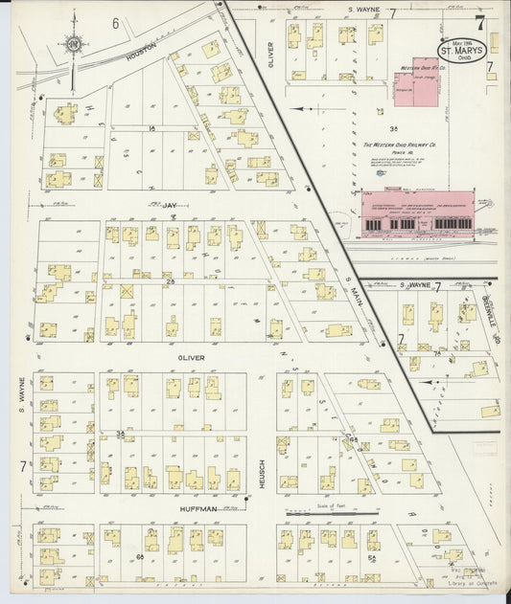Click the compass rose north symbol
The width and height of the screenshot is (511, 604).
[72, 43]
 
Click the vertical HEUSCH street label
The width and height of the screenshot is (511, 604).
[261, 475]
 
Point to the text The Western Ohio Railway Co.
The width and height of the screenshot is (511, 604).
[399, 145]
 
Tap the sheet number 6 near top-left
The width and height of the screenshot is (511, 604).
[115, 22]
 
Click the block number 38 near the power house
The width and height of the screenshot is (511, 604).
[392, 126]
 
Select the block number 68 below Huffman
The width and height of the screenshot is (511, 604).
[140, 556]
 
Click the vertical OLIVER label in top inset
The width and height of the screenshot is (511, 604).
[271, 56]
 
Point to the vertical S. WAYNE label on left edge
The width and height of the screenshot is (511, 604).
[19, 395]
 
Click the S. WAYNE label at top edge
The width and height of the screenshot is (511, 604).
[365, 12]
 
